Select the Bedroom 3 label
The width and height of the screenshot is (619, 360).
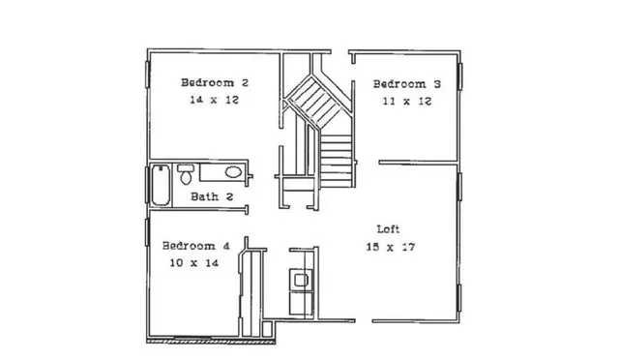[406, 84]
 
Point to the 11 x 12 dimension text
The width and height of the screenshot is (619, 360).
[406, 102]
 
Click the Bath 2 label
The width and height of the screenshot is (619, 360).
[212, 196]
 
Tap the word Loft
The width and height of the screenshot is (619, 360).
[389, 229]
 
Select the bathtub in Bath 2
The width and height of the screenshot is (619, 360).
[161, 185]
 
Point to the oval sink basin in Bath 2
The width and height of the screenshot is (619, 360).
[232, 172]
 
